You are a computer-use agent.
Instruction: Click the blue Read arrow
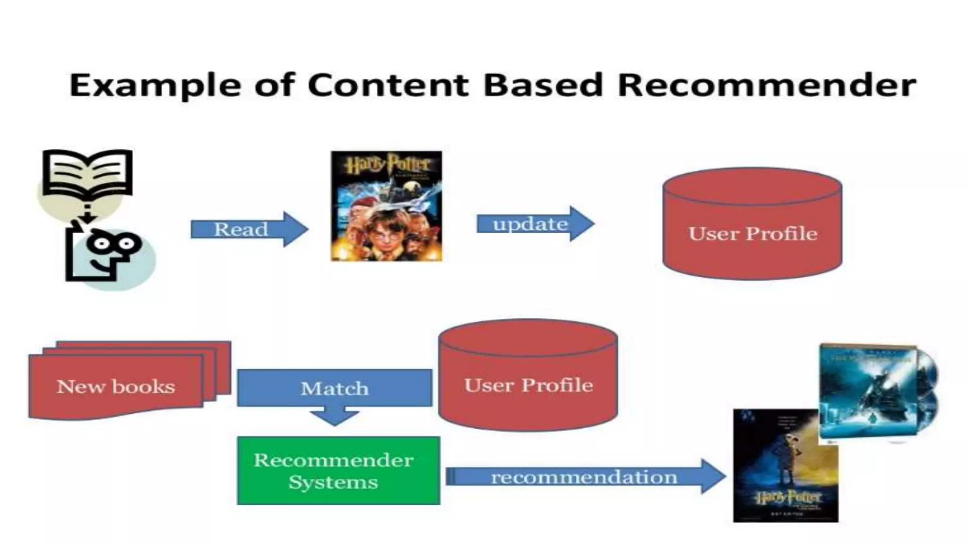249,229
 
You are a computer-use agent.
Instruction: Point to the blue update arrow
535,224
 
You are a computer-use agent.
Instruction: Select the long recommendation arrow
585,476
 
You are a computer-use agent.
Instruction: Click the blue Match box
334,388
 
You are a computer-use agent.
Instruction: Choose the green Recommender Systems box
338,470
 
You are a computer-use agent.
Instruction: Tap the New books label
116,386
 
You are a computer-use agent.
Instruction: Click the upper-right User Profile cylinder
752,224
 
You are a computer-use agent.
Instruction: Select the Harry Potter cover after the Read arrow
386,206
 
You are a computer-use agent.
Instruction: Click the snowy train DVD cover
868,391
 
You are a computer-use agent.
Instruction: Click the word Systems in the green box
333,483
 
